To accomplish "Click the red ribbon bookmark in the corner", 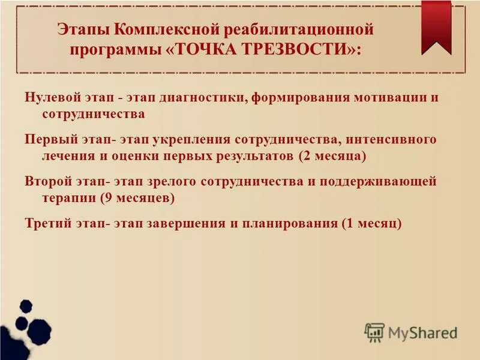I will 436,24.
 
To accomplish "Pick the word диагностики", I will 205,97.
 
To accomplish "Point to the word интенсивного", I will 389,139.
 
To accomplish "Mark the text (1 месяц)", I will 370,223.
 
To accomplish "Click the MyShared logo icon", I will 374,332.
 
